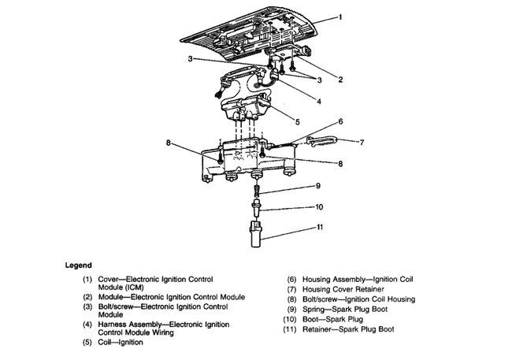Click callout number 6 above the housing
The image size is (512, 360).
341,121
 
